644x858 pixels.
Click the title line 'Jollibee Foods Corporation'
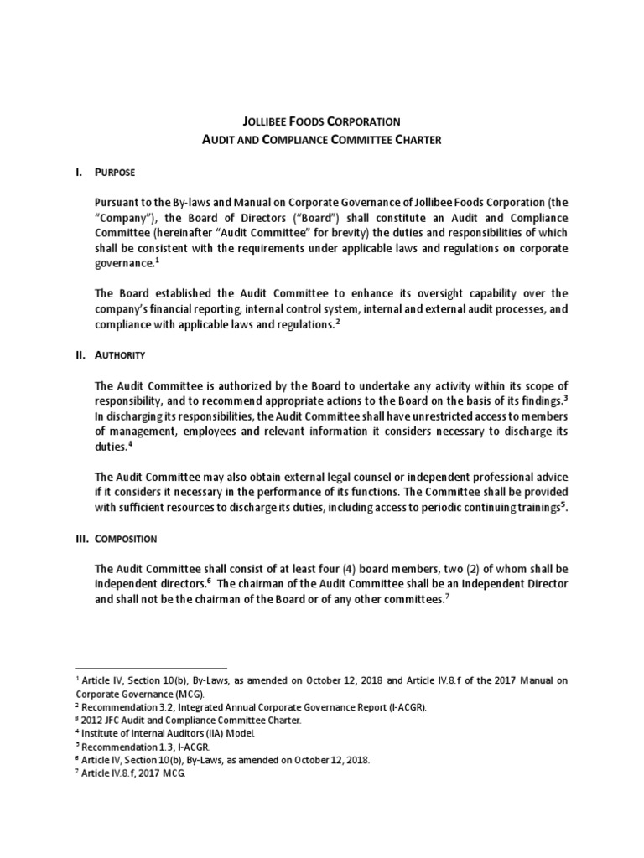[x=322, y=121]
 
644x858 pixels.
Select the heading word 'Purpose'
[x=115, y=172]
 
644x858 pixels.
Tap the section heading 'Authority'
[x=121, y=354]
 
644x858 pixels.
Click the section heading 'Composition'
[x=126, y=538]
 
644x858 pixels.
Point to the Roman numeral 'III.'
[x=81, y=538]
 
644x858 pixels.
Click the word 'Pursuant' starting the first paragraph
[x=120, y=202]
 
